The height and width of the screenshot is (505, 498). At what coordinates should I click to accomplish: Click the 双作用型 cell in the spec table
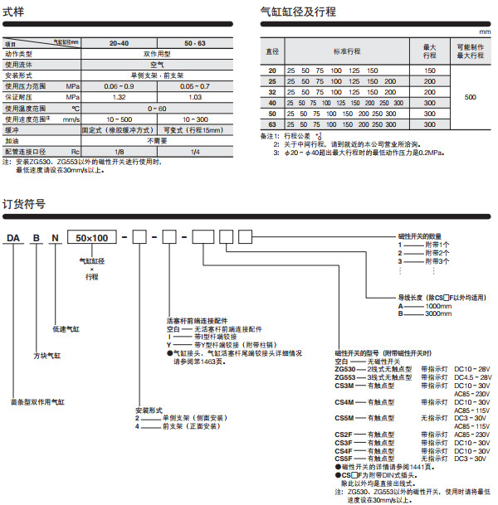point(156,53)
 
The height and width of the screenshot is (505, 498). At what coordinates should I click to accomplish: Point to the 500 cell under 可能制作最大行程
point(470,97)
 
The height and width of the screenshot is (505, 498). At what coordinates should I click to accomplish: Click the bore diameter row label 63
point(272,124)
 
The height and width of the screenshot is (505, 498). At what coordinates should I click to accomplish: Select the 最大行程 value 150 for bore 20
point(429,71)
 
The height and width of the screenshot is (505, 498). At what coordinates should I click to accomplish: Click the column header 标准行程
point(349,51)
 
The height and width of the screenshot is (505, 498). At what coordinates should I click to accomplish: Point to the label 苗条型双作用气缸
point(38,402)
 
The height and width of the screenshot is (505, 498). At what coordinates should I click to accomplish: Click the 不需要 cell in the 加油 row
point(156,141)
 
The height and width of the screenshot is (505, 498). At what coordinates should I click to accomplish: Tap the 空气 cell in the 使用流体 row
point(156,63)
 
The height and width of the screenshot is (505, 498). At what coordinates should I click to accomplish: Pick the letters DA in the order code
point(14,239)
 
